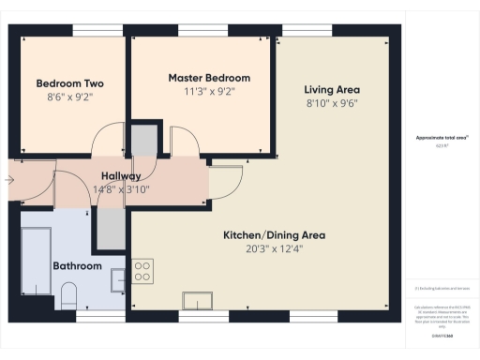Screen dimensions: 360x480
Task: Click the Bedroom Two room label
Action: (x=70, y=82)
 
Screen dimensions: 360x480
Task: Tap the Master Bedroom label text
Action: (x=209, y=77)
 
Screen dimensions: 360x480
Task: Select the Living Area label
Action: (x=331, y=89)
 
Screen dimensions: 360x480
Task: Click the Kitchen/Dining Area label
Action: (x=262, y=234)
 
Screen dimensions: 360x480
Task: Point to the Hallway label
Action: (x=121, y=175)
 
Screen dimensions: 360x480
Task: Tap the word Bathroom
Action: (x=77, y=266)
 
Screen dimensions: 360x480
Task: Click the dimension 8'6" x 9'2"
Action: (x=70, y=96)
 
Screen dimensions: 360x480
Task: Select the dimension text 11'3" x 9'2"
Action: (x=209, y=91)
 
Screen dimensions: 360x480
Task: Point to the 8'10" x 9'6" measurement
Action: (x=331, y=103)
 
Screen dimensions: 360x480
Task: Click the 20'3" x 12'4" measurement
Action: (x=262, y=248)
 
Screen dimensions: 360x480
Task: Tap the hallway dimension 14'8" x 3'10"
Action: (x=121, y=188)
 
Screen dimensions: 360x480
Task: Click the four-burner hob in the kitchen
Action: (x=142, y=272)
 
